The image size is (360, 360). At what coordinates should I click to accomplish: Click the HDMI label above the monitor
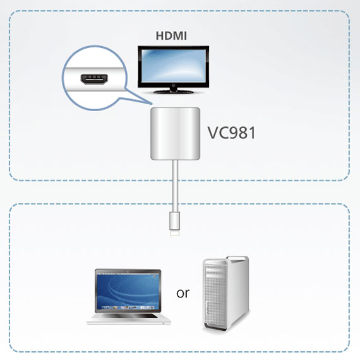[171, 36]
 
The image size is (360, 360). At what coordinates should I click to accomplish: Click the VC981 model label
[231, 133]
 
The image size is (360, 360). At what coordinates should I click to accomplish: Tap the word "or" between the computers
[183, 293]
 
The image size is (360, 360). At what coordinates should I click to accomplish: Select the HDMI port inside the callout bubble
[94, 79]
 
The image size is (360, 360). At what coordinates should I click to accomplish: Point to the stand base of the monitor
[174, 92]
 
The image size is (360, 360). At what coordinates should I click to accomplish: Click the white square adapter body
[175, 133]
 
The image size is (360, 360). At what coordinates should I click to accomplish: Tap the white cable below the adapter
[175, 186]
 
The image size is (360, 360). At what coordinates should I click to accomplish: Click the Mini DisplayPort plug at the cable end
[175, 224]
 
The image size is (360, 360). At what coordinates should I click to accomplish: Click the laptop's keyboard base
[129, 319]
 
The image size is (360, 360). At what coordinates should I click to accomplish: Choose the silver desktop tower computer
[226, 293]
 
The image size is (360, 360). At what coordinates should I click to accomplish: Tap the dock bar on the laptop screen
[128, 308]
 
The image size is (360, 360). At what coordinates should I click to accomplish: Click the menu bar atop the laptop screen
[128, 273]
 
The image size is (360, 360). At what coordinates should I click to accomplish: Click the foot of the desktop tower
[215, 327]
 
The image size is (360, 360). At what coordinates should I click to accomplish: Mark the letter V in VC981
[213, 133]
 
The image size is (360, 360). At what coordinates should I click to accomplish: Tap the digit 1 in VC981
[253, 133]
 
